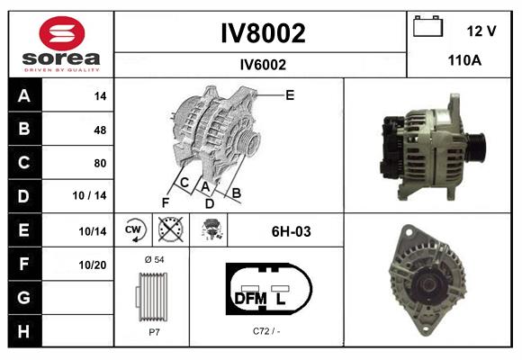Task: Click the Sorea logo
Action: coord(60,45)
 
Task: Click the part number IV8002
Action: coord(263,34)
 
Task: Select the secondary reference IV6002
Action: coord(263,64)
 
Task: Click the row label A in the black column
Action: coord(23,96)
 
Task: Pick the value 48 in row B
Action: coord(99,130)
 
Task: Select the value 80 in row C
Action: coord(99,163)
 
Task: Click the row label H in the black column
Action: coord(23,331)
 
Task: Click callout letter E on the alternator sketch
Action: coord(290,94)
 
